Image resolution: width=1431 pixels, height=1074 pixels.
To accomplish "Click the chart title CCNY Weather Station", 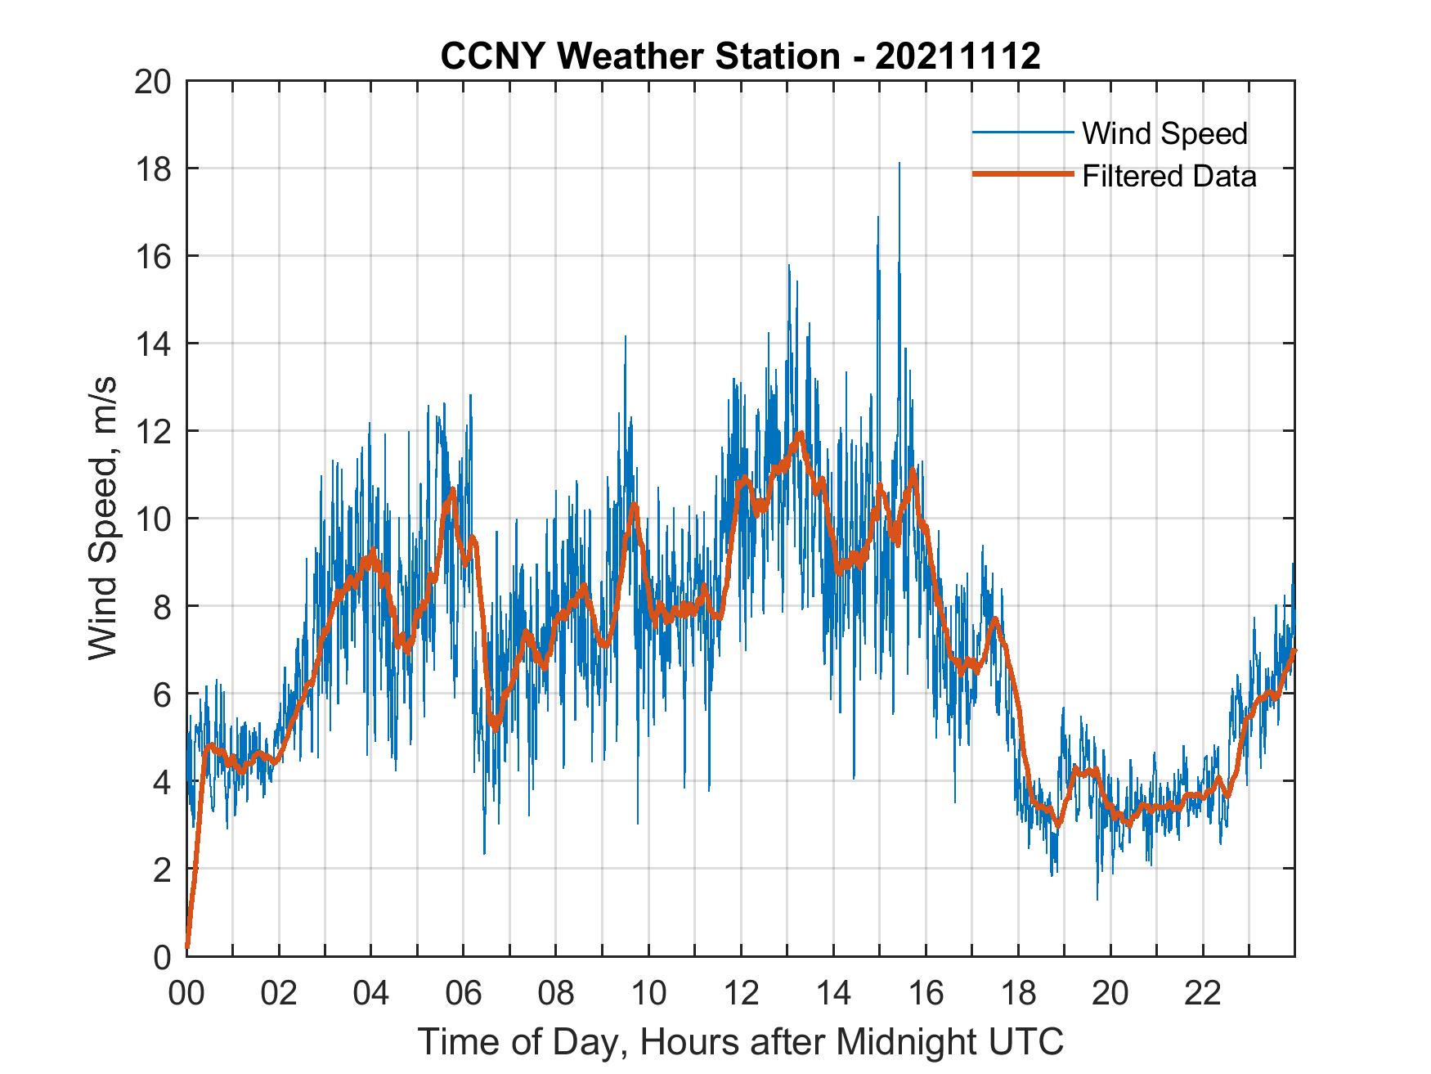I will (740, 57).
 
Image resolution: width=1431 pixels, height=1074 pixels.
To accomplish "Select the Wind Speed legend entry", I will (1164, 133).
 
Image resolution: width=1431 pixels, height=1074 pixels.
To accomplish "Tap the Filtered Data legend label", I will (1169, 176).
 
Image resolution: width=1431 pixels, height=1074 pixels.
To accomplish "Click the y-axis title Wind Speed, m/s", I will (104, 518).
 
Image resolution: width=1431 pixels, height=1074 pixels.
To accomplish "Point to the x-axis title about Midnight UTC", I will (740, 1042).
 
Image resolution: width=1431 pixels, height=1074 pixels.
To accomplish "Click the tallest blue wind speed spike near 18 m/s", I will (899, 164).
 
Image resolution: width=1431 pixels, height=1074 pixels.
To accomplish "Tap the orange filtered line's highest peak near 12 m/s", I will (800, 434).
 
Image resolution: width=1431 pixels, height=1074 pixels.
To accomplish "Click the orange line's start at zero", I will (187, 947).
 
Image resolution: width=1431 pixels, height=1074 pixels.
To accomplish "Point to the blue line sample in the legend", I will (1021, 133).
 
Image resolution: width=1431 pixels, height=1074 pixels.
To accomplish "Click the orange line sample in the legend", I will (1021, 175).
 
